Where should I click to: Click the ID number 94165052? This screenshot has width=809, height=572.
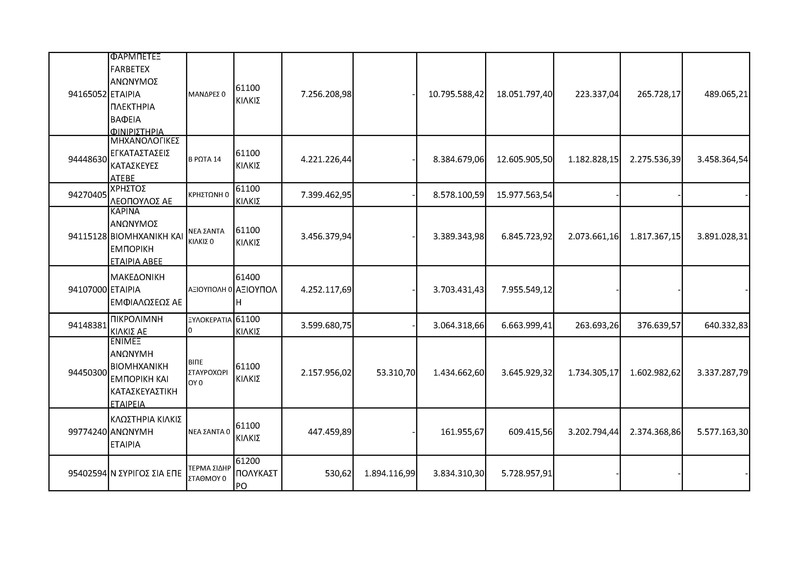click(87, 94)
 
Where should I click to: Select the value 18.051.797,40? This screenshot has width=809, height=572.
click(524, 94)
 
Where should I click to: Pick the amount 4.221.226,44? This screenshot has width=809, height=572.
click(326, 159)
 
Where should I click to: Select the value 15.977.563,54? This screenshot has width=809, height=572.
click(524, 195)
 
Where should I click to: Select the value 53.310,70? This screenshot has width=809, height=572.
click(396, 373)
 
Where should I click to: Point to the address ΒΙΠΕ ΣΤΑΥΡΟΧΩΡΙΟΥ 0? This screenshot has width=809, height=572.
click(208, 373)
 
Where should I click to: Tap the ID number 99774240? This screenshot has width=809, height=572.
click(87, 432)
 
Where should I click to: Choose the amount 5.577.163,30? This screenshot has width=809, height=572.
click(722, 432)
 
